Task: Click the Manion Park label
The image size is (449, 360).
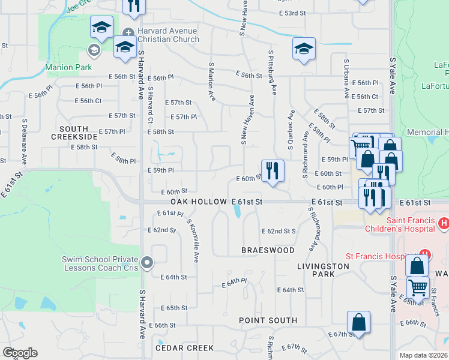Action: click(x=69, y=67)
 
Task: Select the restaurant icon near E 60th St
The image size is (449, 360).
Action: click(x=273, y=170)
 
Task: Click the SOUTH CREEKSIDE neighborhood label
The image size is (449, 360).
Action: click(x=74, y=133)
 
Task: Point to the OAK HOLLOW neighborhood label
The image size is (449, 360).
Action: click(x=199, y=202)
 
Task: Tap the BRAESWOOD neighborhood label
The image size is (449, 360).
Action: click(x=268, y=250)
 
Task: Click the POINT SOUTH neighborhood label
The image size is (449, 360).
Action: click(x=268, y=320)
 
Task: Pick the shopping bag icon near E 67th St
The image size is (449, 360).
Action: click(x=358, y=323)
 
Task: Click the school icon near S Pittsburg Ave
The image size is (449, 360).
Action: click(x=304, y=50)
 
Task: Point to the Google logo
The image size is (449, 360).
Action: click(x=20, y=353)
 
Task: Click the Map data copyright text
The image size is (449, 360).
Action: click(x=424, y=355)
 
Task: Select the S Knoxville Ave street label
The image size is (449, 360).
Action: click(x=194, y=240)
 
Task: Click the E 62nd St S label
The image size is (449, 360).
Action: click(x=280, y=231)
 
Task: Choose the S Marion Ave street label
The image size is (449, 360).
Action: click(x=212, y=81)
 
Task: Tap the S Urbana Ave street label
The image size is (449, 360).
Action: click(x=346, y=78)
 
